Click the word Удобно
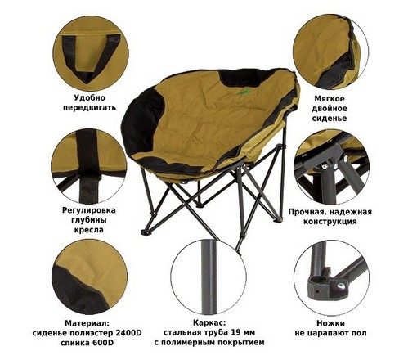(89, 97)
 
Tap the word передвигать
(89, 107)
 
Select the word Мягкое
(330, 98)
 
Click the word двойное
(330, 109)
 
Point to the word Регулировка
(89, 210)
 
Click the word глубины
(89, 220)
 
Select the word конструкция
(330, 221)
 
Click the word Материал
(87, 323)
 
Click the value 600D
(103, 343)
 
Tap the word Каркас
(209, 323)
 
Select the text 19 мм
(241, 332)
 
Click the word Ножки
(330, 323)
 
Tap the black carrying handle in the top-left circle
(91, 56)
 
